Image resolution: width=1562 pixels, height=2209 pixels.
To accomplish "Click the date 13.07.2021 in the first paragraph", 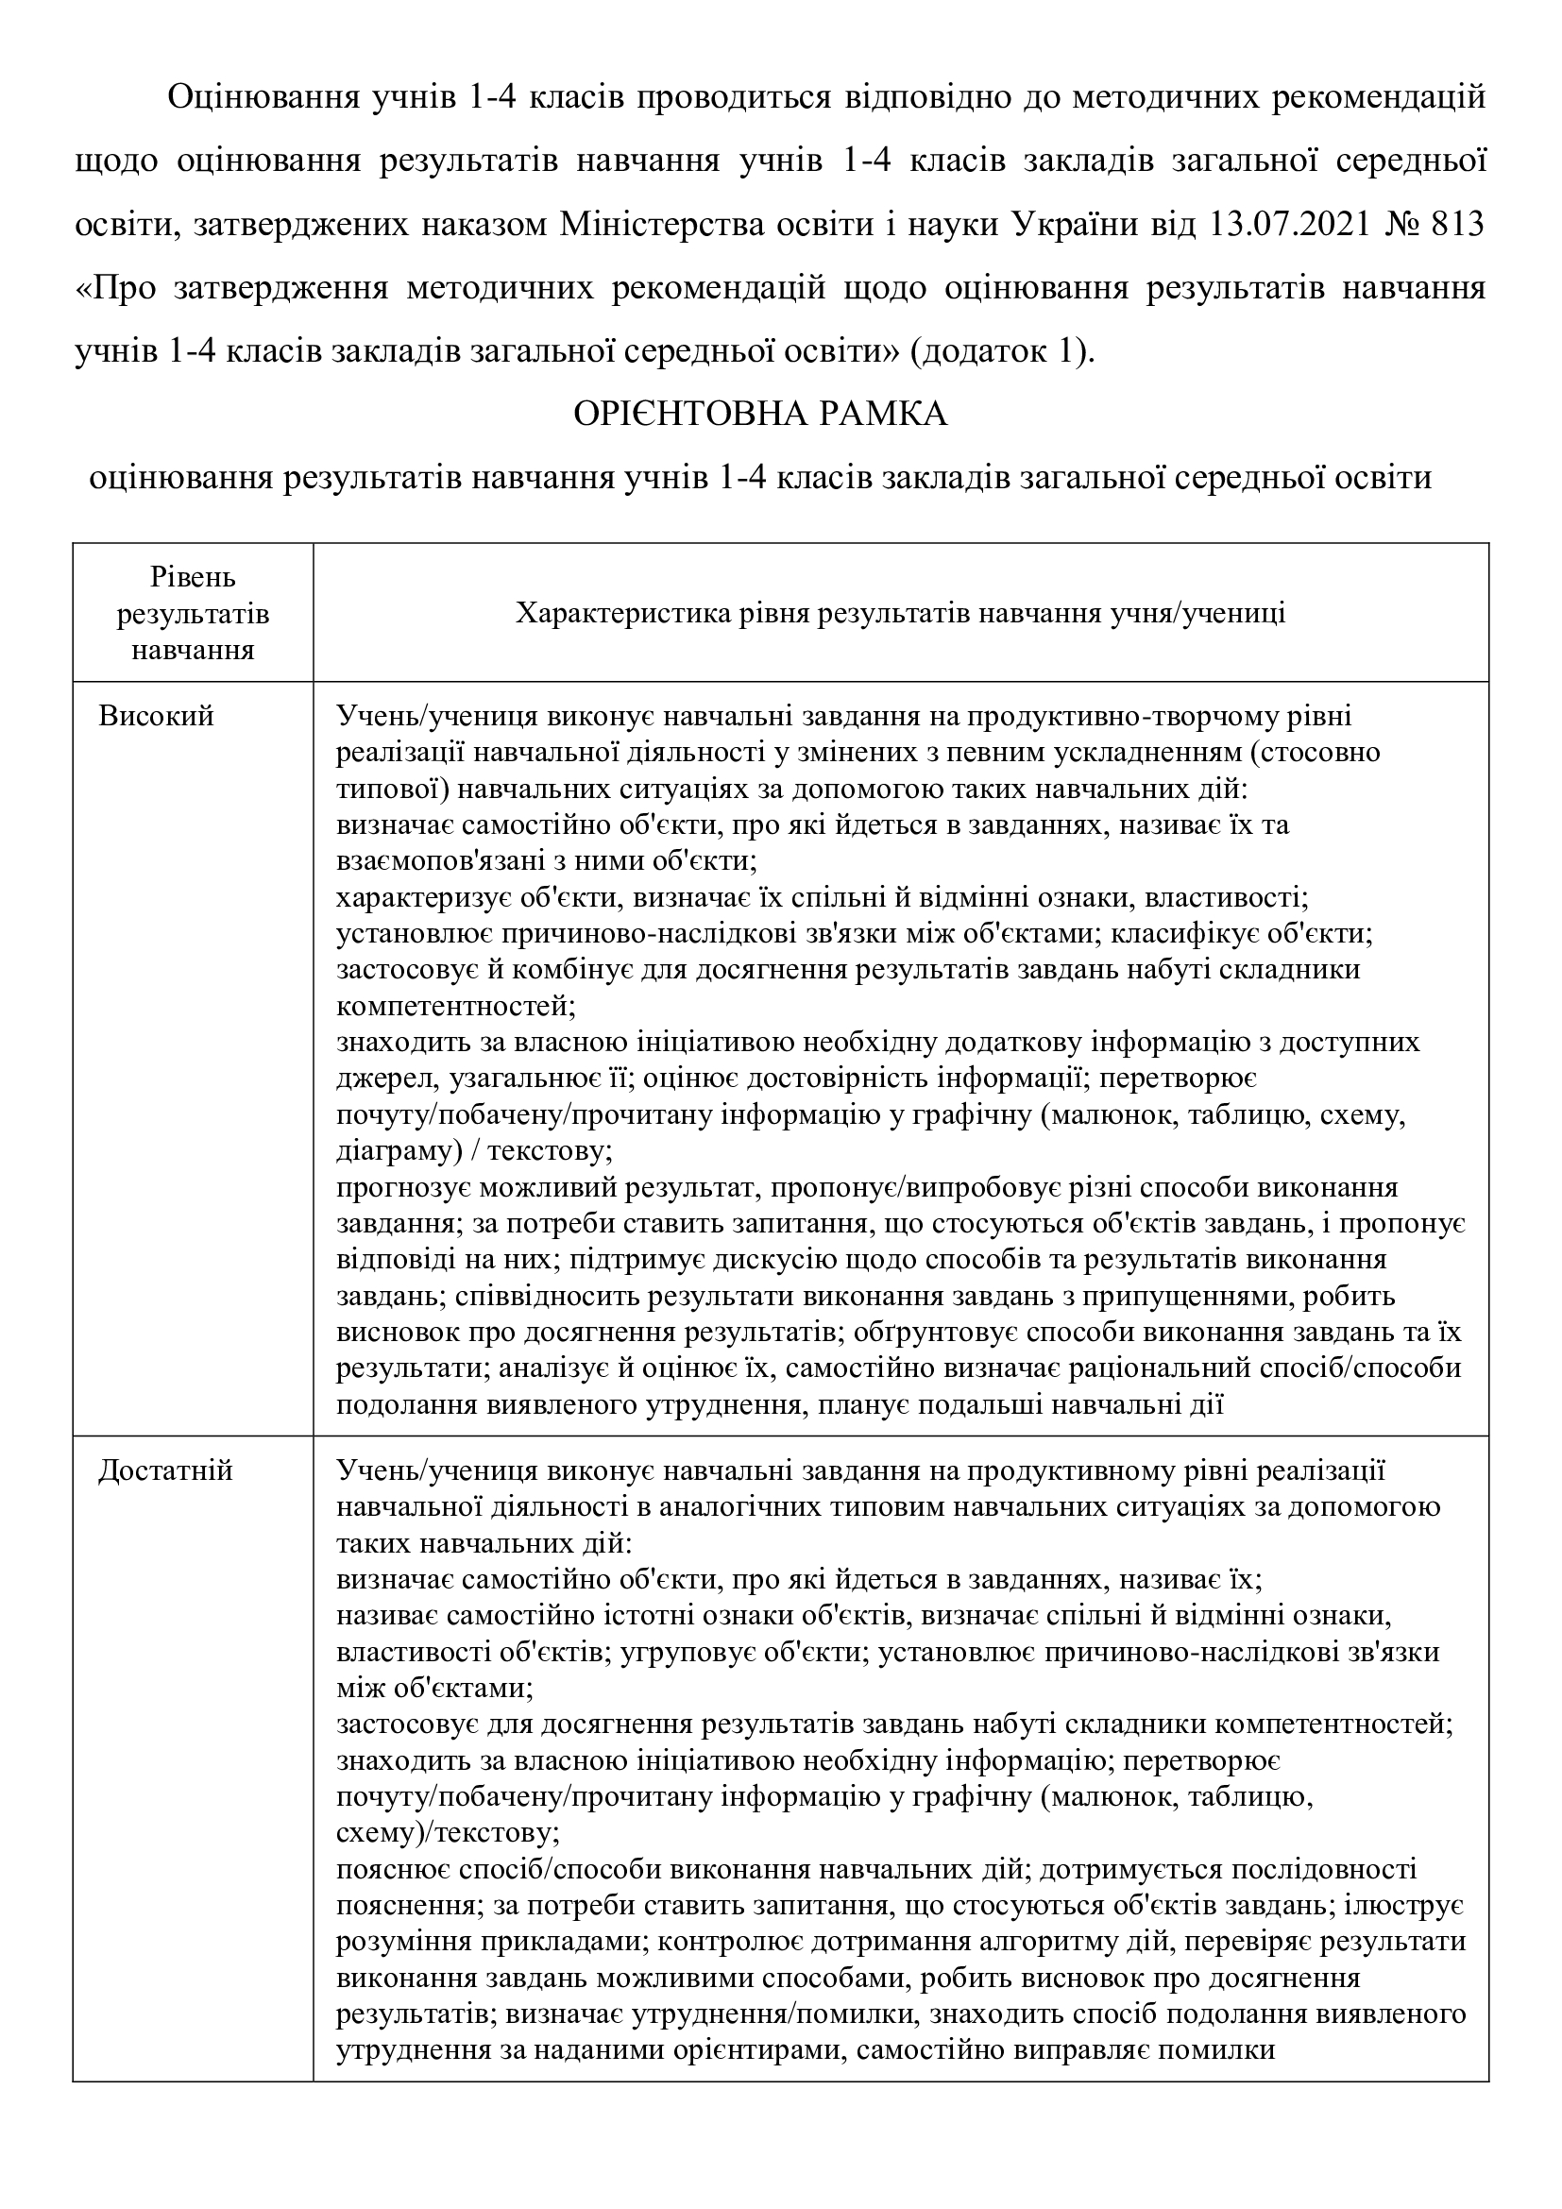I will pyautogui.click(x=1278, y=224).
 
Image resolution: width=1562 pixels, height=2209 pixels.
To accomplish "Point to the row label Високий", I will pyautogui.click(x=156, y=716).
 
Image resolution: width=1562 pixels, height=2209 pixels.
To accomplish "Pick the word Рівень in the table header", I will pyautogui.click(x=193, y=577).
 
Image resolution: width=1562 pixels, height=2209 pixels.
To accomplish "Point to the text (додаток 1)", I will pyautogui.click(x=1000, y=351).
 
